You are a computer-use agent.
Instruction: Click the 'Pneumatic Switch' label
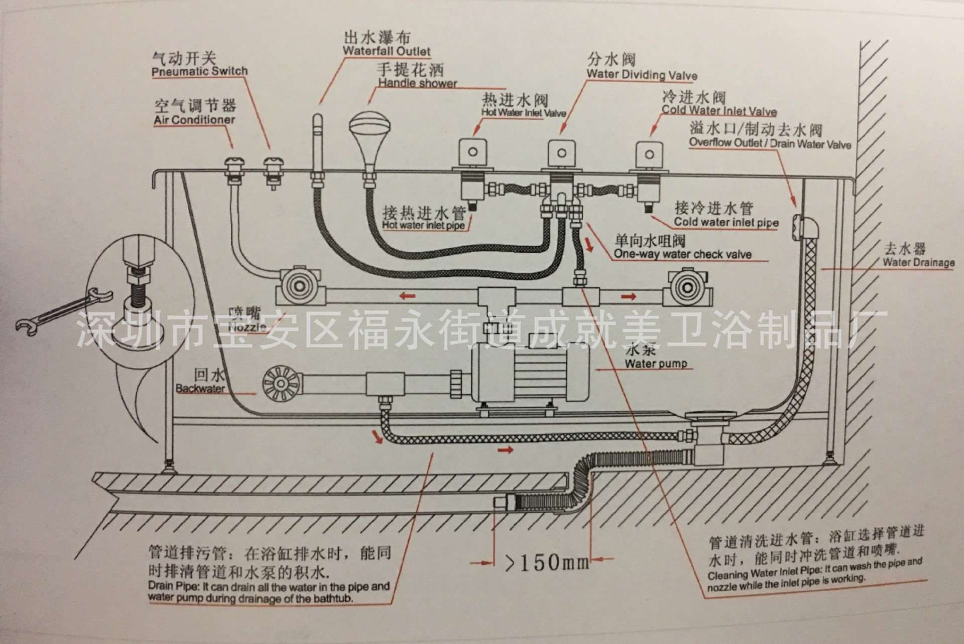point(200,71)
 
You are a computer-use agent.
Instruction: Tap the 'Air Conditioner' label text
point(194,120)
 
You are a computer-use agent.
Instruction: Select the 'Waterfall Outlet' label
point(387,51)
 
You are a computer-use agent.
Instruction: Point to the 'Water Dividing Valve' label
point(642,75)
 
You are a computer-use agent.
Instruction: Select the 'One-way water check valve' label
point(682,254)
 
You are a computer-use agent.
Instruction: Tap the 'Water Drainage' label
point(918,262)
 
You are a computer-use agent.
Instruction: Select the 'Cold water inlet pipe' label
point(726,222)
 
